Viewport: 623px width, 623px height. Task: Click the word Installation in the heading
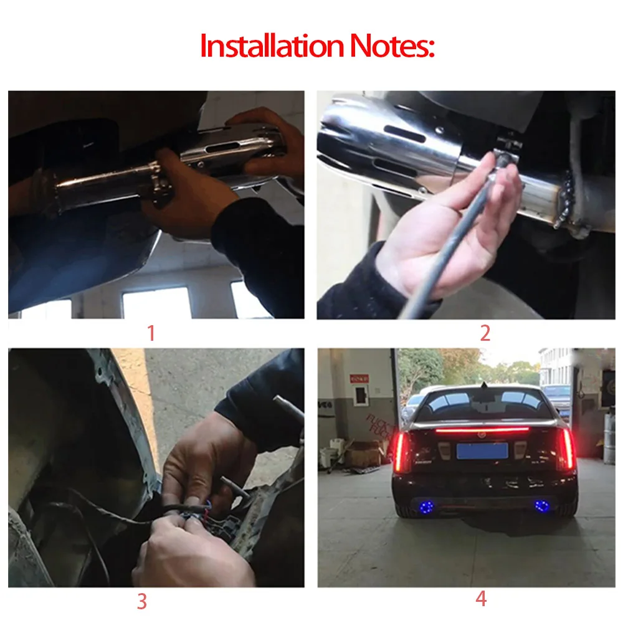(272, 45)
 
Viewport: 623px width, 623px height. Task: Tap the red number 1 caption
(151, 333)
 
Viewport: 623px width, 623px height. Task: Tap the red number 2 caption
(485, 333)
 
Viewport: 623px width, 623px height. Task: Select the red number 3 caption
(142, 602)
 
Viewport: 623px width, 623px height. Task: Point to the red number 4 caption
(481, 599)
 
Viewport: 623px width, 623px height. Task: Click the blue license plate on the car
(482, 451)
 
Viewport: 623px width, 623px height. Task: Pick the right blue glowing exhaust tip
(541, 506)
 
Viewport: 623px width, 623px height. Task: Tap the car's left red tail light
(401, 451)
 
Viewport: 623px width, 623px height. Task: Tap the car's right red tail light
(567, 449)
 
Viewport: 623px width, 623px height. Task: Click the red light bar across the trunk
(482, 429)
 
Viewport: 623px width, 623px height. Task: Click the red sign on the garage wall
(359, 379)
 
